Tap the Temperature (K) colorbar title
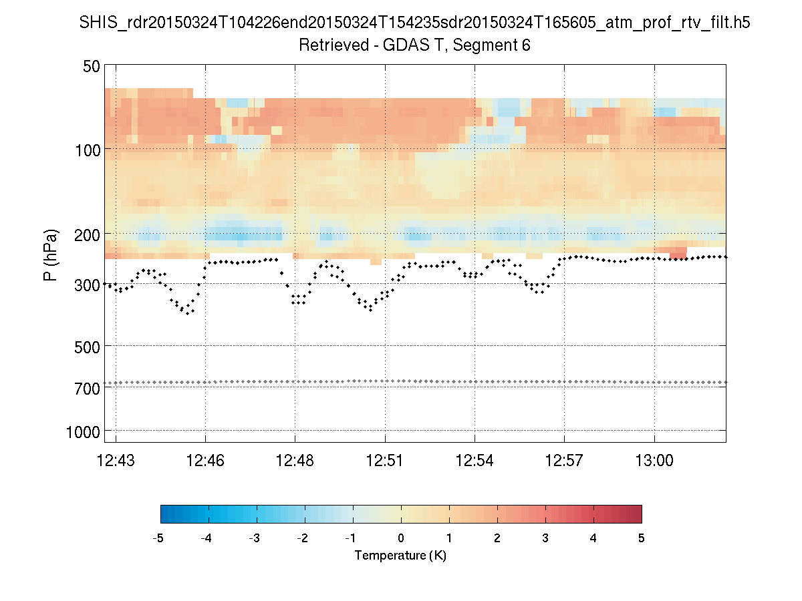pyautogui.click(x=400, y=556)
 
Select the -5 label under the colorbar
pyautogui.click(x=158, y=538)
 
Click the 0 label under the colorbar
pyautogui.click(x=401, y=538)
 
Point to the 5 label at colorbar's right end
pyautogui.click(x=641, y=538)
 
